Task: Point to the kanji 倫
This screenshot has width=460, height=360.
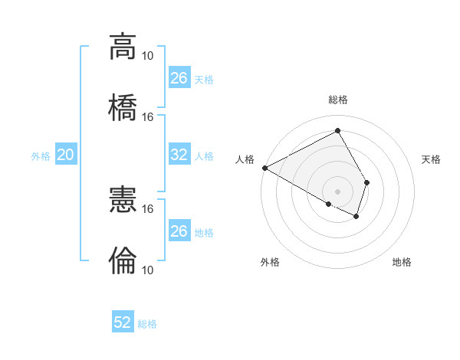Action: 123,261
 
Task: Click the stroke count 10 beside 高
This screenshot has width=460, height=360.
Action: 148,56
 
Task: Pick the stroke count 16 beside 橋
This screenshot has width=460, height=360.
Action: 148,117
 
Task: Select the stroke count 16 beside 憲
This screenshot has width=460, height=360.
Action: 148,208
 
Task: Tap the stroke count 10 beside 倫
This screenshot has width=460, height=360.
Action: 148,270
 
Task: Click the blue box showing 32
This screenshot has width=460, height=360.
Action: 179,155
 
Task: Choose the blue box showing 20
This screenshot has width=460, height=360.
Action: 66,155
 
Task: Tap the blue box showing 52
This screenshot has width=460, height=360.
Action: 123,322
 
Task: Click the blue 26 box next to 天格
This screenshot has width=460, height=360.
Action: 179,78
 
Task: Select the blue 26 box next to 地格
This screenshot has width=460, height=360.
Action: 179,231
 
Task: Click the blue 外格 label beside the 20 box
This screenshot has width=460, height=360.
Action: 41,156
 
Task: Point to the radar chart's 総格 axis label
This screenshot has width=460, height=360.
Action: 338,100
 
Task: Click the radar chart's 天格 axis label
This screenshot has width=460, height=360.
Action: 432,159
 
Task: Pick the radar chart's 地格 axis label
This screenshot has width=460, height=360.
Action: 402,263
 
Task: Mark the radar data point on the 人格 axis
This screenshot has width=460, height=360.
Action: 264,167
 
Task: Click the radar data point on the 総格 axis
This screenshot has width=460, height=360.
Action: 338,131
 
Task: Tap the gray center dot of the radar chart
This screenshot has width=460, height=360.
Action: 338,191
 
